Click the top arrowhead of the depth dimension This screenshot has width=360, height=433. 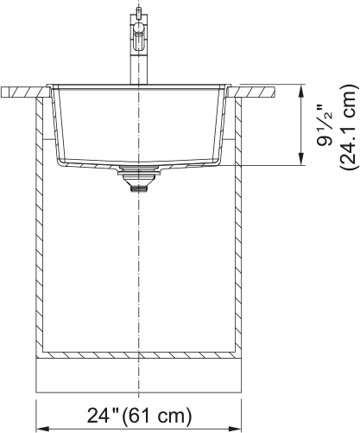coord(301,89)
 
